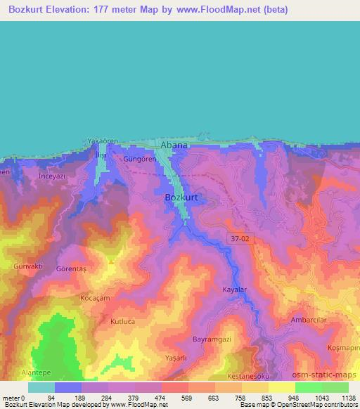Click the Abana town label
tap(174, 145)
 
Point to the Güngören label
tap(138, 160)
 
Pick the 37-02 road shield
tap(240, 239)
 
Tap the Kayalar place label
tap(235, 290)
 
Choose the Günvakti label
tap(29, 267)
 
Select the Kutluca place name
tap(122, 321)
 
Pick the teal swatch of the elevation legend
tap(41, 387)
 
